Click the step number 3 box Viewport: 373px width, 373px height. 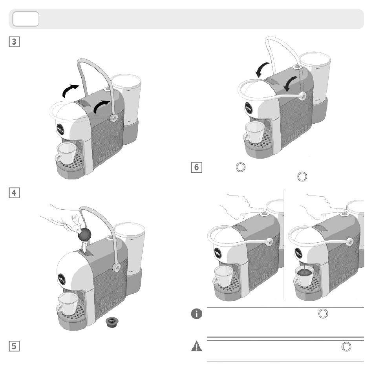(14, 42)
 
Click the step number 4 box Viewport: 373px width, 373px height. (14, 193)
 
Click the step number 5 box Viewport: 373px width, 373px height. (14, 346)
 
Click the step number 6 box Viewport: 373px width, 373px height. (196, 167)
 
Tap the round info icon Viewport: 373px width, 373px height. (196, 314)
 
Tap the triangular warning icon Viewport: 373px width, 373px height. (196, 346)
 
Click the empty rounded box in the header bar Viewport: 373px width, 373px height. (26, 19)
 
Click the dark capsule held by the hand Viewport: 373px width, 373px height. (84, 234)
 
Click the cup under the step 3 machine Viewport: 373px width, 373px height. (66, 153)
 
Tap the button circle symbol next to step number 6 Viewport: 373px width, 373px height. (241, 167)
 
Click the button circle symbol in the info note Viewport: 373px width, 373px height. (323, 314)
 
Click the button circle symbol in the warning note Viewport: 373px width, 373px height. (346, 347)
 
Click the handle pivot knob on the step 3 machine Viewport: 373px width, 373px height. (114, 118)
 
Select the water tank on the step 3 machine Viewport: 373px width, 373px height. (126, 100)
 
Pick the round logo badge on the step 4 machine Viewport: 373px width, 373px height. (61, 279)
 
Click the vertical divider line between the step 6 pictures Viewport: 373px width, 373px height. (284, 245)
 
